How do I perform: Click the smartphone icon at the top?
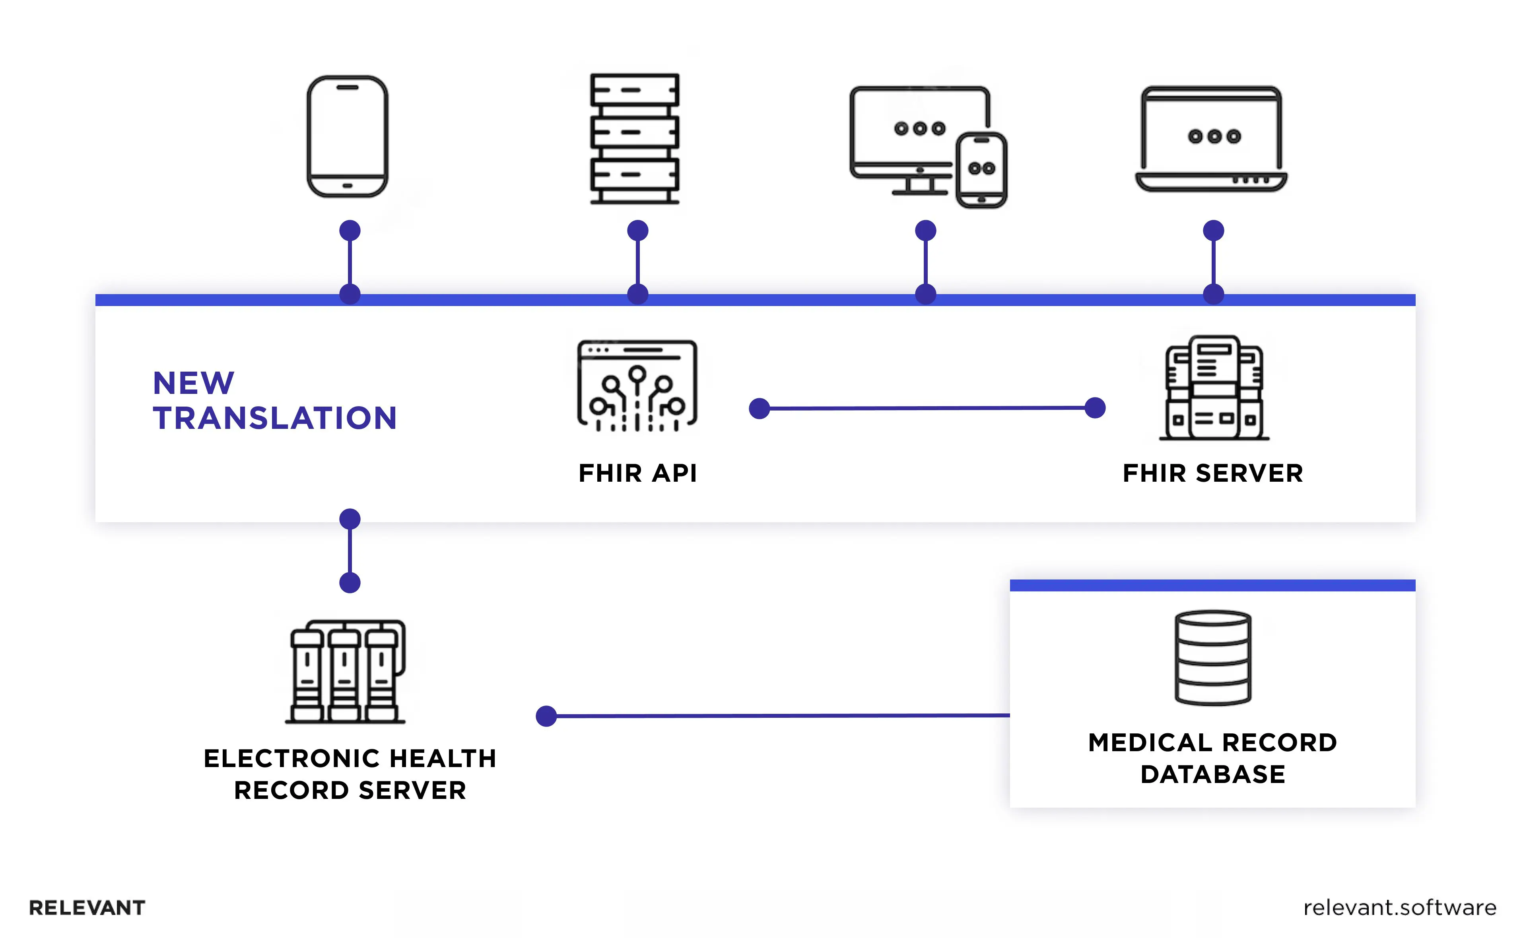coord(348,136)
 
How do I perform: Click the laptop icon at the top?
coord(1212,139)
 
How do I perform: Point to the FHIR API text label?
coord(637,473)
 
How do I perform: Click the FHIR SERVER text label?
coord(1212,473)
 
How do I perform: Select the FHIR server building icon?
coord(1214,388)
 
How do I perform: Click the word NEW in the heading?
coord(194,383)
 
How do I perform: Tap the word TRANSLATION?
coord(275,418)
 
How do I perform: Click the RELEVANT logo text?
coord(87,908)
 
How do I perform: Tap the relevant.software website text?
coord(1400,908)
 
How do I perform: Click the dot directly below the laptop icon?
coord(1213,231)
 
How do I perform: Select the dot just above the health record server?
coord(350,583)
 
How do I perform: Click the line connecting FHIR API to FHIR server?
coord(928,408)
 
